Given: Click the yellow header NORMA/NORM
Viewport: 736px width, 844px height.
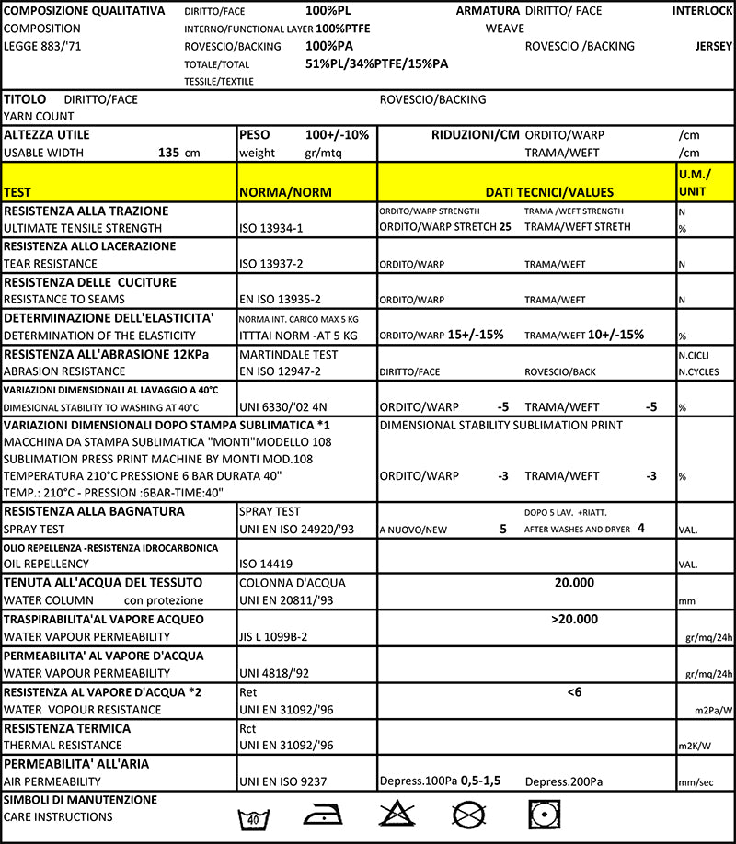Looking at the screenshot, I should click(285, 192).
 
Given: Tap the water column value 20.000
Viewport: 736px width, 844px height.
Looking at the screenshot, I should click(574, 582).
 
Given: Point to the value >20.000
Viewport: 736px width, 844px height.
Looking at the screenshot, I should click(575, 619).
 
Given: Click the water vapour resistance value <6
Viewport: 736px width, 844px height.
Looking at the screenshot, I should click(574, 691).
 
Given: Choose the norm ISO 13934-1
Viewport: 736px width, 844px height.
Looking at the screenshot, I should click(270, 227).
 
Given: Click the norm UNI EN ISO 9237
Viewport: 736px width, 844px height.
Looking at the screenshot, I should click(285, 781).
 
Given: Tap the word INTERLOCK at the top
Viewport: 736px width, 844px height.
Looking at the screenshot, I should click(702, 11).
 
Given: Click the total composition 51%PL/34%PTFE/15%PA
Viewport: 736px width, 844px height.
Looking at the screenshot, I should click(376, 63).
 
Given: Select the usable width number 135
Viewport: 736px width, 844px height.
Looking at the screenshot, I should click(169, 153).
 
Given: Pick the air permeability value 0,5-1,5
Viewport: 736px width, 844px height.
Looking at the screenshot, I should click(480, 781).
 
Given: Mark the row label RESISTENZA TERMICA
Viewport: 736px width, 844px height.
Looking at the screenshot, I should click(68, 728).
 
